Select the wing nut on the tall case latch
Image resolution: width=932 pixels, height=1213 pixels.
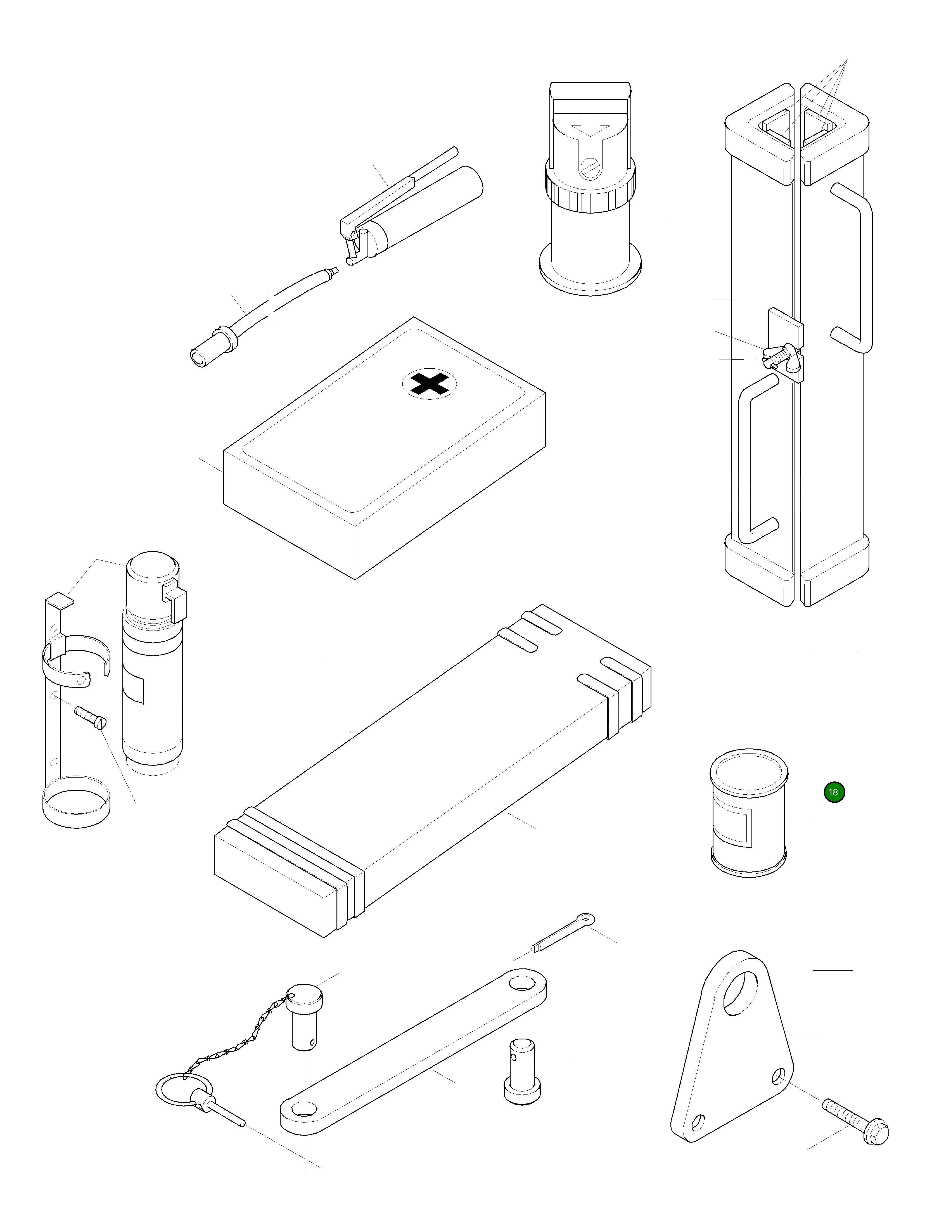pos(781,356)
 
